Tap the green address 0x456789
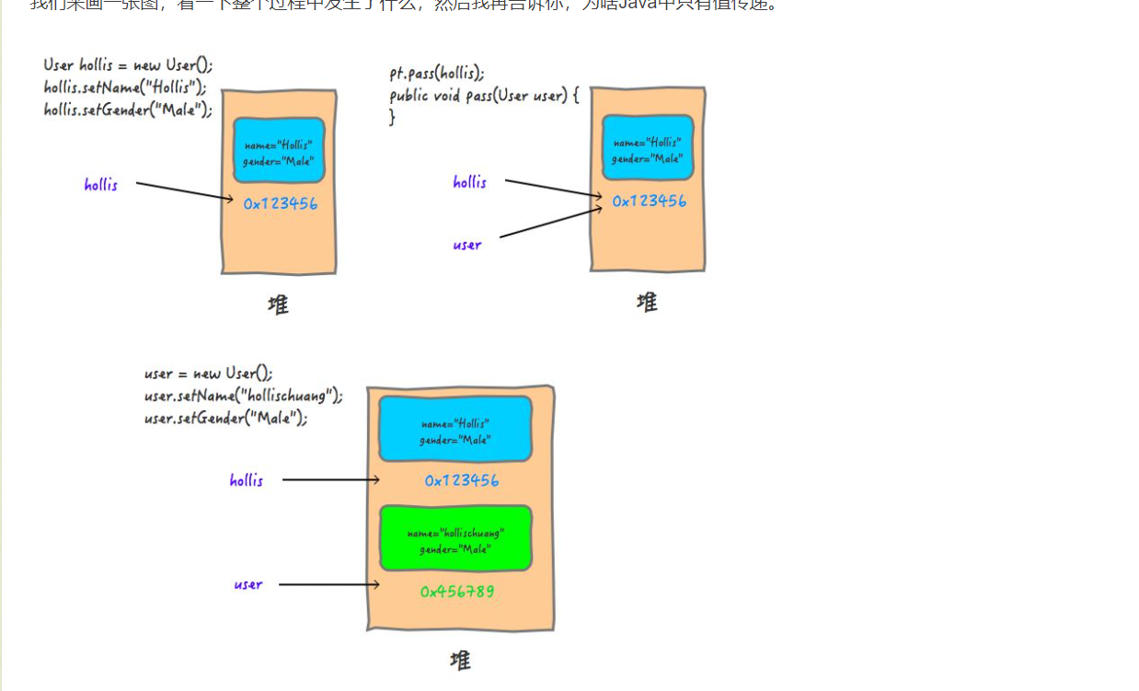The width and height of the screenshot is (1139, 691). click(456, 592)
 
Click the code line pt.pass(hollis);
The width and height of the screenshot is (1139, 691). click(437, 74)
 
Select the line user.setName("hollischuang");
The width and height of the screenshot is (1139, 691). click(243, 396)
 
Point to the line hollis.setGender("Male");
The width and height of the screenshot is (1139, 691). click(128, 109)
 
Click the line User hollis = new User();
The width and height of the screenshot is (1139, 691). click(128, 65)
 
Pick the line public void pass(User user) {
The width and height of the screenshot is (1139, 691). click(484, 96)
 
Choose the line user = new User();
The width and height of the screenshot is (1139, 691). click(208, 374)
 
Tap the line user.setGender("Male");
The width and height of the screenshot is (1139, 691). click(225, 418)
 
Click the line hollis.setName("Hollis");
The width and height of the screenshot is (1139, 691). click(124, 87)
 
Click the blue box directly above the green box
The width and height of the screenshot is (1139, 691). click(455, 429)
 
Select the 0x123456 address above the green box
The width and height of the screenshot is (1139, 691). click(461, 480)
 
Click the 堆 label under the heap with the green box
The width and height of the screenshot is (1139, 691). click(460, 660)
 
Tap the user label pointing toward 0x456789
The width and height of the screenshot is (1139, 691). click(247, 584)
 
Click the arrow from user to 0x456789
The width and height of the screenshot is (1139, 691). click(328, 584)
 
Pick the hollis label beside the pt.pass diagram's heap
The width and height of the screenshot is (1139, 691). click(469, 182)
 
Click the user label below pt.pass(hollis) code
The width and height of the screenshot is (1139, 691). click(466, 245)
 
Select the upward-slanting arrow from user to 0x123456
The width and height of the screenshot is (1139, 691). click(550, 223)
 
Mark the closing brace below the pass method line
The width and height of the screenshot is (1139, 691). click(393, 118)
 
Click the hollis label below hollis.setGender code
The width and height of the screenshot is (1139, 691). click(100, 185)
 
